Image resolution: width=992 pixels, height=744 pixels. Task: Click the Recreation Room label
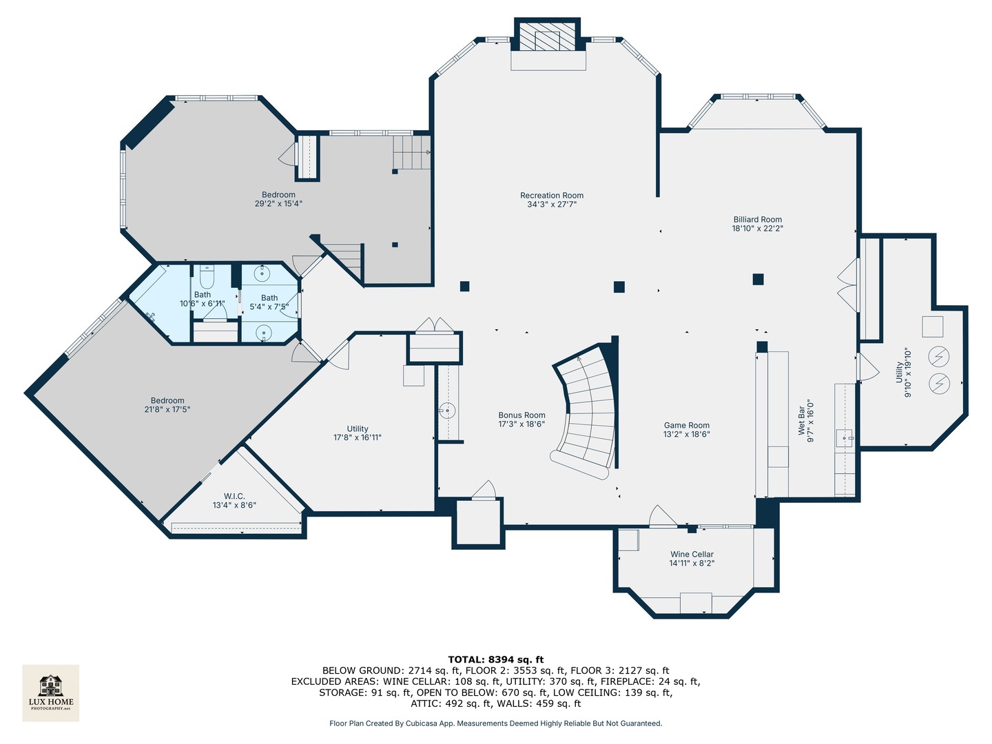coord(551,196)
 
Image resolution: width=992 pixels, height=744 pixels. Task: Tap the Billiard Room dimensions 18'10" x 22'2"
coord(757,229)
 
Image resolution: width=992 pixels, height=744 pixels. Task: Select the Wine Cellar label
coord(692,555)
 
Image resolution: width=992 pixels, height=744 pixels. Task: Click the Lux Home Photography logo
coord(51,692)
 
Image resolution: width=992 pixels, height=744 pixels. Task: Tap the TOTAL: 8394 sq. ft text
coord(496,659)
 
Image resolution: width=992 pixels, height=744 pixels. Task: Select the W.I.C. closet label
coord(234,497)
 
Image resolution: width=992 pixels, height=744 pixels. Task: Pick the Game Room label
coord(686,426)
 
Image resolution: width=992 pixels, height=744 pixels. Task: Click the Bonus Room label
coord(521,415)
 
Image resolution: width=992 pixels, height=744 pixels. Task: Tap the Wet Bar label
coord(801,420)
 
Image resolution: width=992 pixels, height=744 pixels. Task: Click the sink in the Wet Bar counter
coord(845,437)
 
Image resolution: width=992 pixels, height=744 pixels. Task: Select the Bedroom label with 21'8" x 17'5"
coord(167,401)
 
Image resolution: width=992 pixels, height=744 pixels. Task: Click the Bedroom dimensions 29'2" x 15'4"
coord(278,204)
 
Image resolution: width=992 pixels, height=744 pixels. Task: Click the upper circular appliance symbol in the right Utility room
coord(939,356)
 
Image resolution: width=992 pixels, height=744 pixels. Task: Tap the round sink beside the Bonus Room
coord(447,411)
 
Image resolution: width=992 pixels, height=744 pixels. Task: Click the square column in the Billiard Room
coord(758,279)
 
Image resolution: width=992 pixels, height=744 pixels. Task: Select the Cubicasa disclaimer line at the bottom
coord(496,723)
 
